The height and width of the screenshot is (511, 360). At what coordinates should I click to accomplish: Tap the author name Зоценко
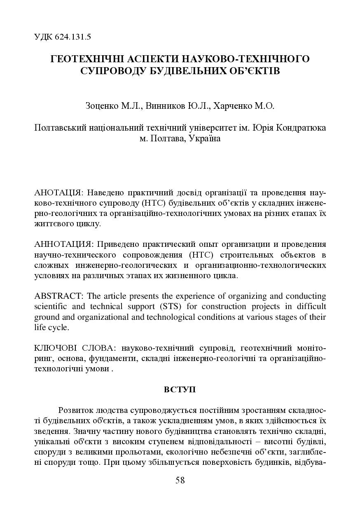[x=101, y=106]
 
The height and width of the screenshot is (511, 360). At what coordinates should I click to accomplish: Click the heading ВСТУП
[x=180, y=389]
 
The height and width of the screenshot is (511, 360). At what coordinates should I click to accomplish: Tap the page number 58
[x=180, y=480]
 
